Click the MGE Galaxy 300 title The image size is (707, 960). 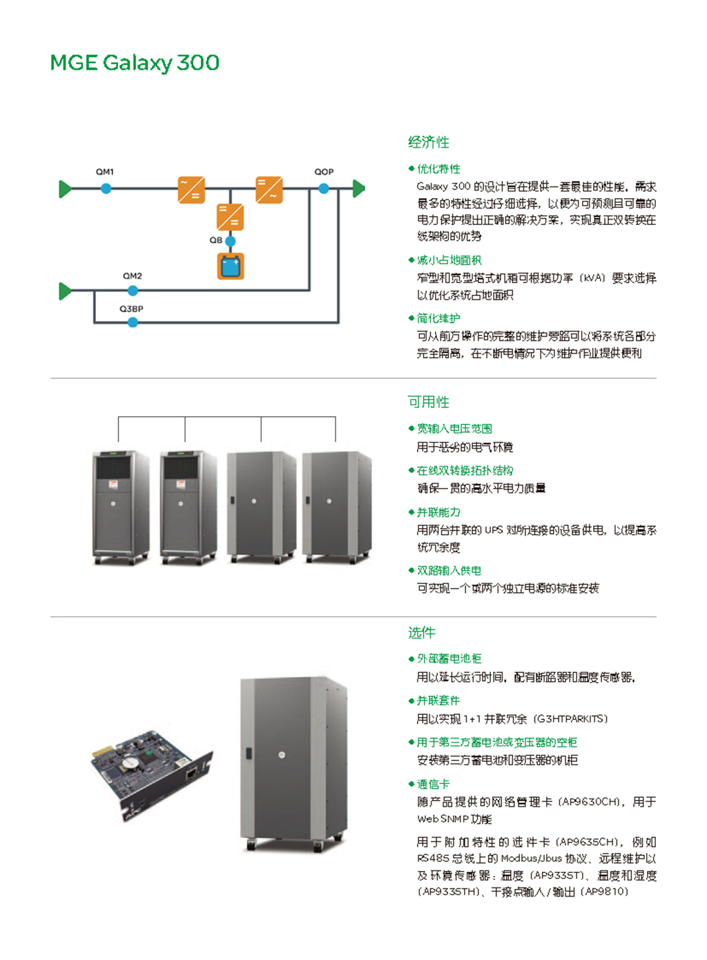pyautogui.click(x=135, y=63)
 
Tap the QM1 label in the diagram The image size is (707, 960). pyautogui.click(x=105, y=172)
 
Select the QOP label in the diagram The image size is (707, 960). pyautogui.click(x=324, y=172)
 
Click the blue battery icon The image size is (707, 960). pyautogui.click(x=231, y=266)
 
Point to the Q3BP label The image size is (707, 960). pyautogui.click(x=131, y=309)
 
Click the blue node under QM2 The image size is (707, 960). pyautogui.click(x=133, y=291)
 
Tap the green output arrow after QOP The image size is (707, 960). pyautogui.click(x=358, y=188)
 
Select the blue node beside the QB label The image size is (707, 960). pyautogui.click(x=231, y=241)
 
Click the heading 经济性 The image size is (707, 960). pyautogui.click(x=428, y=142)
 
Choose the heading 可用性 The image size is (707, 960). pyautogui.click(x=428, y=402)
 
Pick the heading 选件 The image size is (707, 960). pyautogui.click(x=421, y=632)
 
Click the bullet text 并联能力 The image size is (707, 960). pyautogui.click(x=438, y=512)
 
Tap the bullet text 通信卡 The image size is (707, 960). pyautogui.click(x=433, y=784)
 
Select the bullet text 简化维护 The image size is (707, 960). pyautogui.click(x=438, y=318)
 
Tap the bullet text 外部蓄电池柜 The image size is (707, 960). pyautogui.click(x=449, y=658)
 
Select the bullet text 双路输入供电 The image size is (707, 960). pyautogui.click(x=449, y=571)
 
